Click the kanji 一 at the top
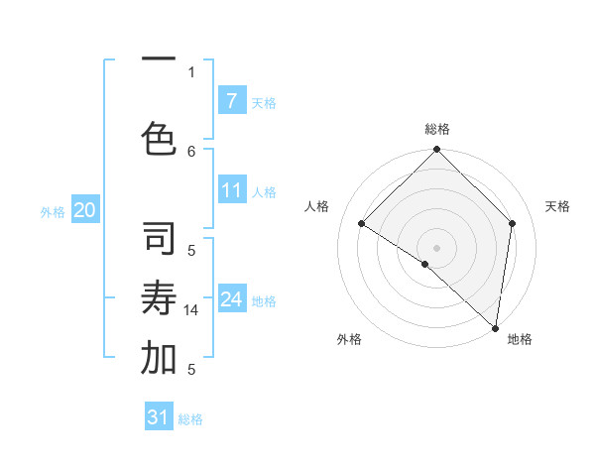coord(159,59)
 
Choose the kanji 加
coord(159,360)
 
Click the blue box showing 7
coord(231,101)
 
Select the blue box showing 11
coord(231,190)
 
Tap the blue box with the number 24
coord(231,299)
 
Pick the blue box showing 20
coord(84,210)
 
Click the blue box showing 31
coord(159,417)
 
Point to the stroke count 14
coord(191,310)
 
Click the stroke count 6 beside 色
coord(191,151)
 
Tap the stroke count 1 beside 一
coord(191,71)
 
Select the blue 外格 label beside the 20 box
coord(53,211)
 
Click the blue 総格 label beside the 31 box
coord(190,419)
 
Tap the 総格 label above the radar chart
coord(436,129)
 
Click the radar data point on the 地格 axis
coord(496,328)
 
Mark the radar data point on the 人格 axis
coord(362,224)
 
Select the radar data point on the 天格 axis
coord(513,223)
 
